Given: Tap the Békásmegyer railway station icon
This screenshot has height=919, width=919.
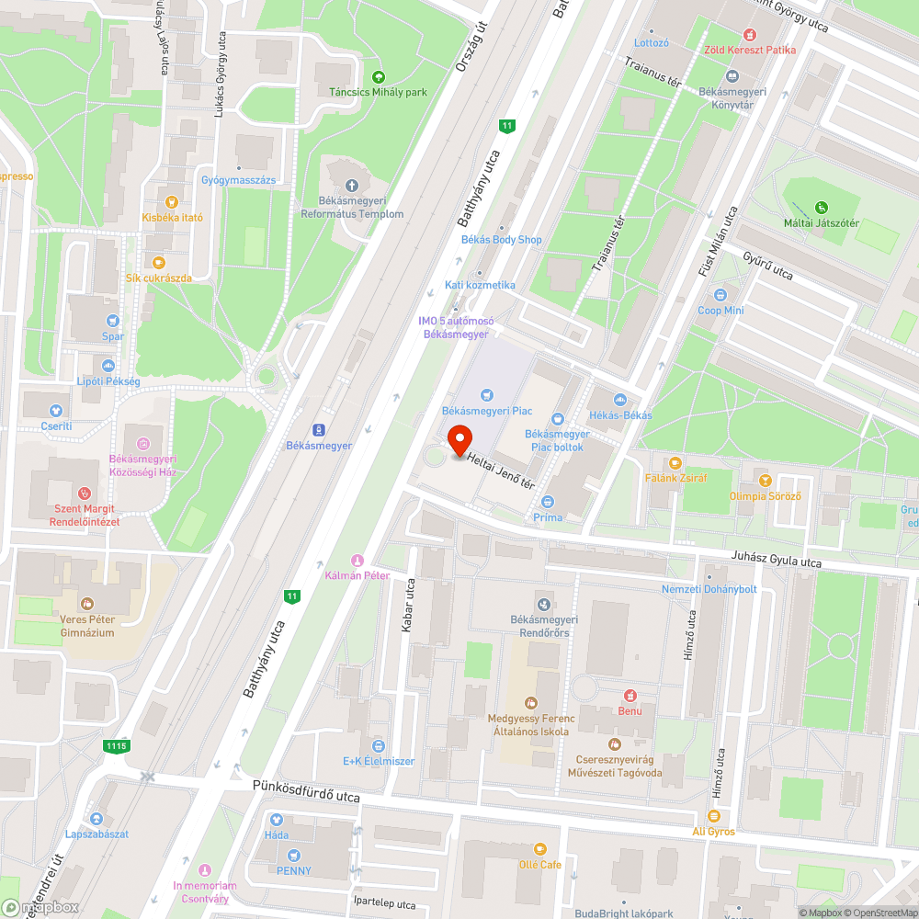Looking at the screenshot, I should (x=319, y=429).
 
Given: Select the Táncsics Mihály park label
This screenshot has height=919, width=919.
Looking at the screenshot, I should (x=379, y=92).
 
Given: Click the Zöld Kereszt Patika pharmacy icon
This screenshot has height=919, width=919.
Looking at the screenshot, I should (x=750, y=34).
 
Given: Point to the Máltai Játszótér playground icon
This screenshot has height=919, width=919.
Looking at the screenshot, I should (x=822, y=207).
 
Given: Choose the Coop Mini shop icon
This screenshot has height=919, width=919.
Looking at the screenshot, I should (x=720, y=295).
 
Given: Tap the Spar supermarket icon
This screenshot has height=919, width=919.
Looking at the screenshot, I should (x=112, y=321).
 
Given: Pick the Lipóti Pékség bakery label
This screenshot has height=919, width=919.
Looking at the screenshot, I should (x=108, y=380).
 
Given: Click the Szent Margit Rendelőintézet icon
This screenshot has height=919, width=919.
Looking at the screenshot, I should (x=85, y=494).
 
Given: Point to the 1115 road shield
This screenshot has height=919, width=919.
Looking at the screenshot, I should (x=116, y=746).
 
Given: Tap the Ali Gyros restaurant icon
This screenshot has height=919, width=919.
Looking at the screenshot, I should (x=713, y=815).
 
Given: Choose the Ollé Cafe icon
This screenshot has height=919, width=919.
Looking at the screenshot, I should (x=539, y=849).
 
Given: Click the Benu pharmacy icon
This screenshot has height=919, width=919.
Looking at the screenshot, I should (x=630, y=696).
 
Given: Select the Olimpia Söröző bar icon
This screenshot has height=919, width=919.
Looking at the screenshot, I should (x=765, y=481).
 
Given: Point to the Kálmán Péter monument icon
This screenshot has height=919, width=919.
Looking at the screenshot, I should (x=357, y=561).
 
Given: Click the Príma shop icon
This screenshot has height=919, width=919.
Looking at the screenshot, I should (x=548, y=502).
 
